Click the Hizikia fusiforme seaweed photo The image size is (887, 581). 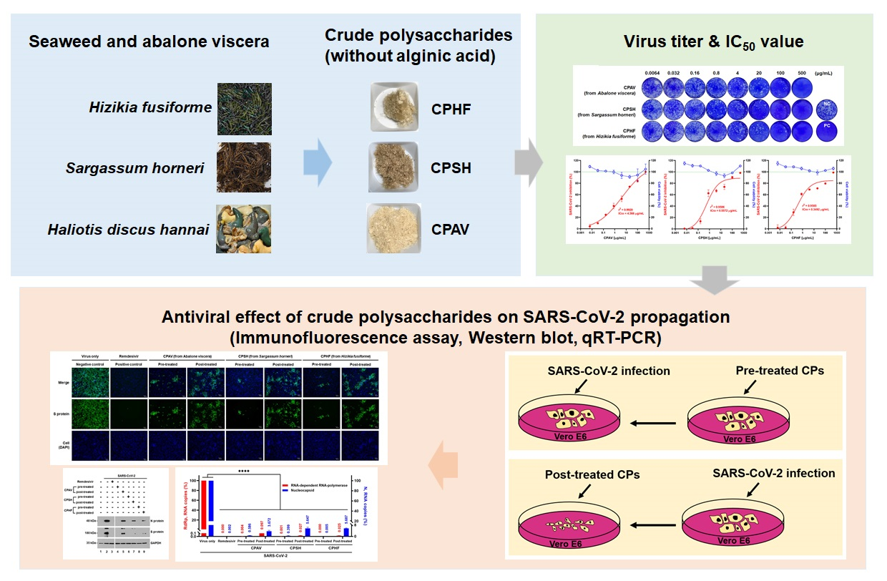coord(244,109)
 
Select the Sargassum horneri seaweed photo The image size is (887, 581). coord(244,168)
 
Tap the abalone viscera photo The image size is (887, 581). coord(244,229)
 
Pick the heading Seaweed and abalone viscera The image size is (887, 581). coord(149,41)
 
